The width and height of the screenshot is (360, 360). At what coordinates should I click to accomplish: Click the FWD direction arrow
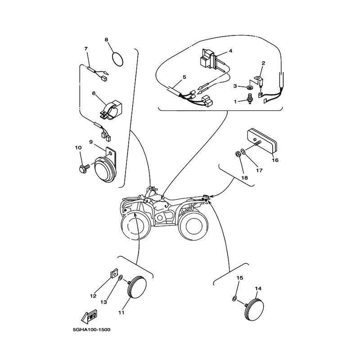(x=89, y=316)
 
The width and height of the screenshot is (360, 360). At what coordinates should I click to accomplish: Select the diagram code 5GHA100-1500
(x=92, y=330)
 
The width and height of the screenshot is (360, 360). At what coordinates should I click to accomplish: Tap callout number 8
(x=106, y=40)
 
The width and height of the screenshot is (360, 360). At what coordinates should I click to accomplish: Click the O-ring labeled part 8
(x=117, y=59)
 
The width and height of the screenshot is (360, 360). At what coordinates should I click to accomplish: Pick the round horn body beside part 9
(x=105, y=168)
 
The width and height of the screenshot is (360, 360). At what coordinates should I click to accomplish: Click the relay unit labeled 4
(x=209, y=59)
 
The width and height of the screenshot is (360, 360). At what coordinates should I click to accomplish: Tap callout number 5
(x=184, y=77)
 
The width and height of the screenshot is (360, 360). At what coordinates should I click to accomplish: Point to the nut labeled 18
(x=238, y=154)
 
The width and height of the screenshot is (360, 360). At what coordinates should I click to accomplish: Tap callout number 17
(x=259, y=171)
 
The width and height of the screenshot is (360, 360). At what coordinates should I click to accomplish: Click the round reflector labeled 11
(x=137, y=287)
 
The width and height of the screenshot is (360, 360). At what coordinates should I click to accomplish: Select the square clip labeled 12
(x=114, y=273)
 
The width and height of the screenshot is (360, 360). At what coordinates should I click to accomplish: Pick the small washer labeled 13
(x=120, y=278)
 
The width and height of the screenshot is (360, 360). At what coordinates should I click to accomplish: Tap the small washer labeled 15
(x=234, y=298)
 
